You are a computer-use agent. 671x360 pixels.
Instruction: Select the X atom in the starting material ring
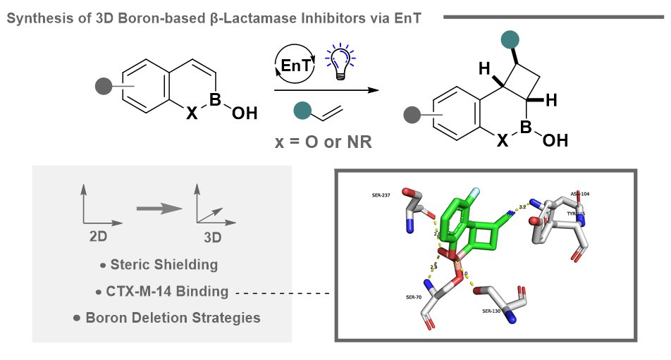pos(192,112)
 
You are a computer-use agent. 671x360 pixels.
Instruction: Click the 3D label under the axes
pos(212,237)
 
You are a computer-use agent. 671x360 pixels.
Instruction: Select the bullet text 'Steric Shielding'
pos(164,265)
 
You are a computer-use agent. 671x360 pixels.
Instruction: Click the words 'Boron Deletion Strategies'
pos(172,317)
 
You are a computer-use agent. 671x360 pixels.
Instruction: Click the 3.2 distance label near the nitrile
pos(522,207)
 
